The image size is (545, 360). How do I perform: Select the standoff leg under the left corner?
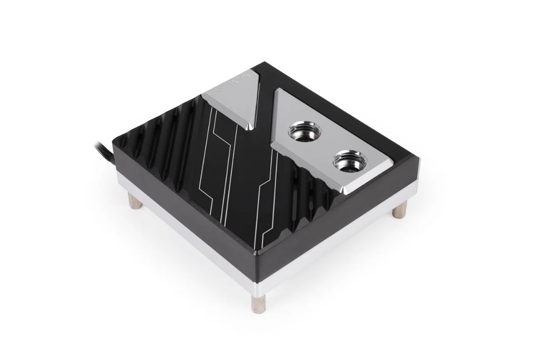click(x=134, y=202)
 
